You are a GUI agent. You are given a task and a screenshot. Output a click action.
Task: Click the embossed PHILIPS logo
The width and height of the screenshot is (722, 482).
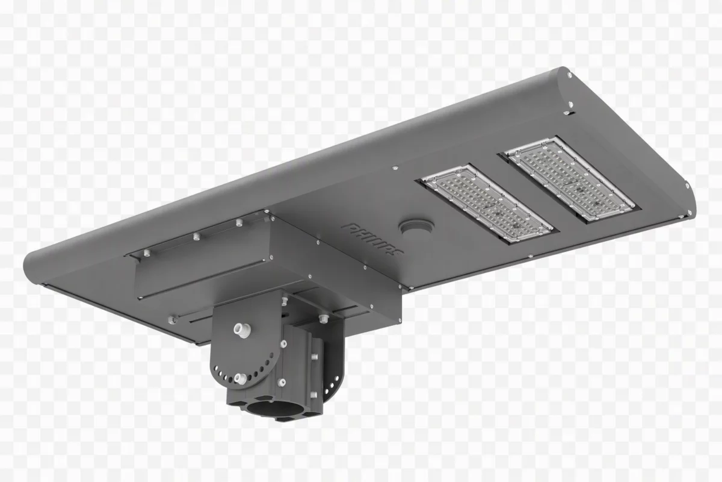point(372,240)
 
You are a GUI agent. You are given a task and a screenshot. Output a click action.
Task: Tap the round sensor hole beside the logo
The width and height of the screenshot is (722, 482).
point(416,227)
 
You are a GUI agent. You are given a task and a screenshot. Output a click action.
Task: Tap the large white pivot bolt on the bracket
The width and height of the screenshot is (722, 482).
point(242,330)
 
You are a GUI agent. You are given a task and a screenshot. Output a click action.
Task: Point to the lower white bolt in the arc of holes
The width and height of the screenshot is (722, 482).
point(241,379)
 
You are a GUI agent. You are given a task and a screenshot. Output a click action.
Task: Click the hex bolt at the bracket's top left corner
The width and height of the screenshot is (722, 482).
point(284,301)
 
